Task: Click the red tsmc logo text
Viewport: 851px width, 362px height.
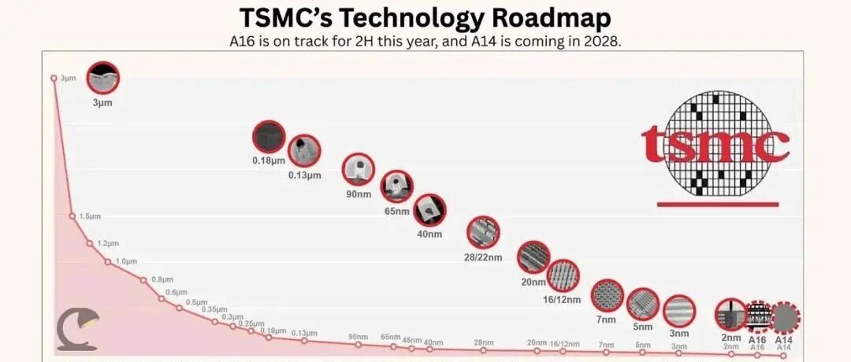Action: click(x=715, y=144)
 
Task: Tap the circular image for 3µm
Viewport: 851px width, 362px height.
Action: click(x=102, y=77)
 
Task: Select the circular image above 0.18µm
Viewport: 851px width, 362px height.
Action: click(x=268, y=138)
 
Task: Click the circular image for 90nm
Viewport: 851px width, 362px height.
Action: click(x=359, y=168)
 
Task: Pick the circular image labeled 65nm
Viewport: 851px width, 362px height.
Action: click(x=396, y=186)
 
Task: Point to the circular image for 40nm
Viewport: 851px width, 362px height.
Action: click(x=429, y=210)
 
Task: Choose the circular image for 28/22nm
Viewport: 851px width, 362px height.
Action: click(x=483, y=232)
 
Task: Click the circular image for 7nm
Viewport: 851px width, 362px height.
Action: click(x=606, y=296)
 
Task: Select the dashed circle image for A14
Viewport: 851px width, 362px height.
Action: click(x=783, y=318)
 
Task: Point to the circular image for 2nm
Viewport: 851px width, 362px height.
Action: click(x=731, y=316)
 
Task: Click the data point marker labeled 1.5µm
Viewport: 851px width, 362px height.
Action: click(x=72, y=216)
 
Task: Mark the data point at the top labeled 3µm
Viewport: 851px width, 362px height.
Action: click(x=54, y=78)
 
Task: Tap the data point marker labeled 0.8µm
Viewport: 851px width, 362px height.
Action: click(x=143, y=279)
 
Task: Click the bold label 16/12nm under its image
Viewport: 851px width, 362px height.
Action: click(x=563, y=300)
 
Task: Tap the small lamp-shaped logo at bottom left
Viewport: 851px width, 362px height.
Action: click(x=77, y=331)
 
